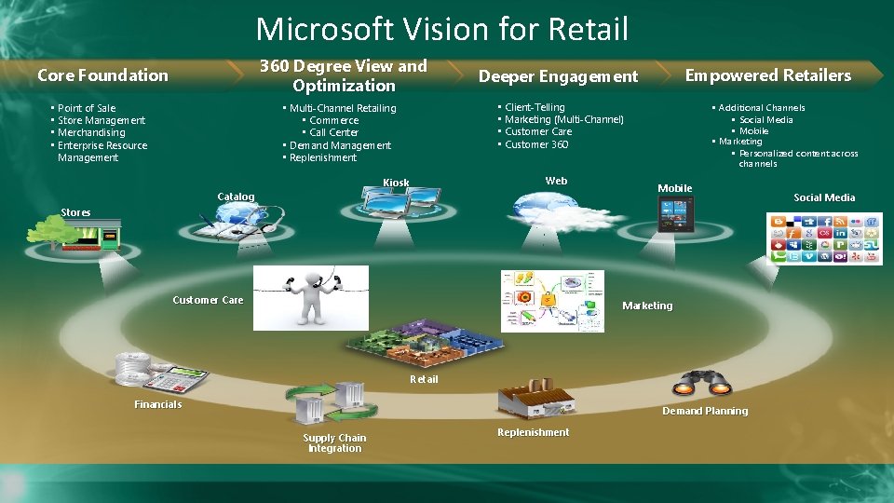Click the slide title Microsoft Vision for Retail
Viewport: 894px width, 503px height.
tap(442, 29)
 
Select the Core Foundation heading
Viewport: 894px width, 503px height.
tap(102, 75)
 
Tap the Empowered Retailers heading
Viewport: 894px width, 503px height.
tap(768, 75)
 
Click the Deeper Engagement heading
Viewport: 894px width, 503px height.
tap(558, 76)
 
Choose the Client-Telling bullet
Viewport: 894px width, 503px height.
tap(535, 107)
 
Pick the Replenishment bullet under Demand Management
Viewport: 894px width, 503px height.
tap(322, 157)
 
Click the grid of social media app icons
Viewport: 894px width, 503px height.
tap(823, 238)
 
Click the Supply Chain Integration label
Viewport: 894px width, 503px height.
tap(334, 443)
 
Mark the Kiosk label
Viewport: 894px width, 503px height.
tap(396, 183)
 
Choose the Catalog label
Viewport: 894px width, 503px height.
tap(236, 197)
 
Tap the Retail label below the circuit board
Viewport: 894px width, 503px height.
tap(424, 379)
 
